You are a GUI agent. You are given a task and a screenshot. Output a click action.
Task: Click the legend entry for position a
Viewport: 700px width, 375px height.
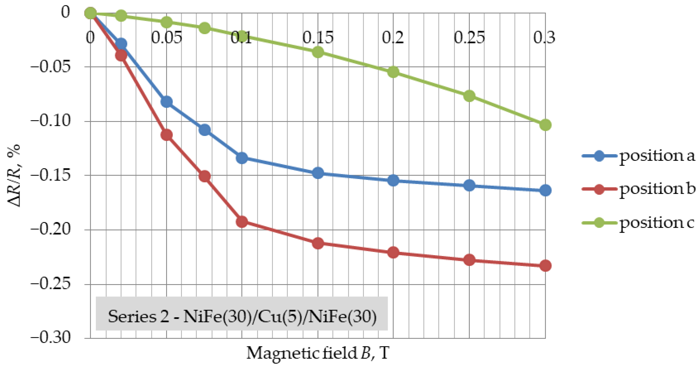coord(638,156)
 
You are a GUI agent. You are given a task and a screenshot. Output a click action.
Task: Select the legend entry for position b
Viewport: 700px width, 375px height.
coord(638,189)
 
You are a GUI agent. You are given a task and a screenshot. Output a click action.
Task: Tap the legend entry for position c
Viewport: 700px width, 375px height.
coord(638,223)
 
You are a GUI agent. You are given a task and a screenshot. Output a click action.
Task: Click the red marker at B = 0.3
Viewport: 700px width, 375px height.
coord(545,265)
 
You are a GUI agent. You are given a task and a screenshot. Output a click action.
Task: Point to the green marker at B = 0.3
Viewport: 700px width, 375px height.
coord(545,125)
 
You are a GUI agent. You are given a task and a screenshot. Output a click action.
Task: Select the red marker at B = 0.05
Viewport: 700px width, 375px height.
coord(167,135)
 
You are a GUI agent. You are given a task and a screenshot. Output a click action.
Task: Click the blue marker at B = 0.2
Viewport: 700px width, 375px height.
coord(393,180)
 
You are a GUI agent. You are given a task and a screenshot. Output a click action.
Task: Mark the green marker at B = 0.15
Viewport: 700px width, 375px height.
coord(318,52)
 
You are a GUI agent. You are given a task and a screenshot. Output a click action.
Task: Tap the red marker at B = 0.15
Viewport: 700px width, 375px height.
coord(318,243)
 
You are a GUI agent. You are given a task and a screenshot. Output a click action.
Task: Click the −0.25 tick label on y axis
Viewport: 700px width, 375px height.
coord(51,284)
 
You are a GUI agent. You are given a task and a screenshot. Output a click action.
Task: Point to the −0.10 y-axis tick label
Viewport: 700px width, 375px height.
coord(51,120)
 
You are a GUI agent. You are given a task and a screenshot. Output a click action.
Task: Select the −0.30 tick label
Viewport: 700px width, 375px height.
coord(51,338)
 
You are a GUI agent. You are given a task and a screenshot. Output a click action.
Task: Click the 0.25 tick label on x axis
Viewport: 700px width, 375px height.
coord(469,37)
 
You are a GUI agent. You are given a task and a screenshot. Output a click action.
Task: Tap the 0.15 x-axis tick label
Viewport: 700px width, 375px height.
coord(318,37)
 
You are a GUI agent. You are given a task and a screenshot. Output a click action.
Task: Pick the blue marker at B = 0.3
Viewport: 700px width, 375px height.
coord(545,190)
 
